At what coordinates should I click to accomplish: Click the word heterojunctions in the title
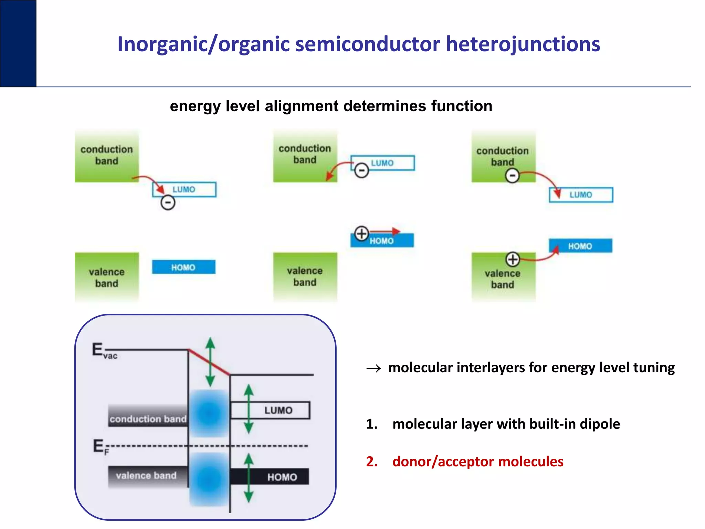pyautogui.click(x=523, y=45)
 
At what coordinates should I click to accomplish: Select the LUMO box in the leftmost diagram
pyautogui.click(x=184, y=189)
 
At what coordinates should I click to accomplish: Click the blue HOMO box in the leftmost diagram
pyautogui.click(x=183, y=267)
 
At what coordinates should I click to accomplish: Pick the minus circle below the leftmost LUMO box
pyautogui.click(x=168, y=203)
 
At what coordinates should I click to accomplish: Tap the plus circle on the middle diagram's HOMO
pyautogui.click(x=361, y=234)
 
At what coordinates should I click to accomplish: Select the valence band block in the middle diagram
pyautogui.click(x=305, y=277)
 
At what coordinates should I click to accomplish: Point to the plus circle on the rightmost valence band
pyautogui.click(x=513, y=259)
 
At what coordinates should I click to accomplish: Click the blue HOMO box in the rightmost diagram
pyautogui.click(x=580, y=246)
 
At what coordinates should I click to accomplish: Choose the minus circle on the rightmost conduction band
pyautogui.click(x=512, y=176)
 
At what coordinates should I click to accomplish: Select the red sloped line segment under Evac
pyautogui.click(x=209, y=362)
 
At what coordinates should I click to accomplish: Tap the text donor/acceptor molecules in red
pyautogui.click(x=477, y=461)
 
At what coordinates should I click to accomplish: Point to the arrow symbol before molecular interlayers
pyautogui.click(x=373, y=369)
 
